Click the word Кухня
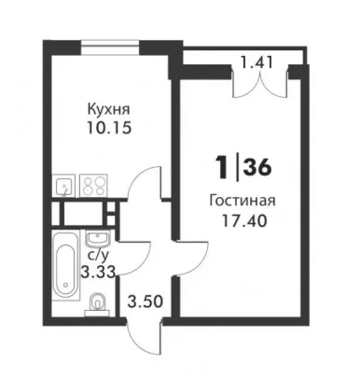click(109, 110)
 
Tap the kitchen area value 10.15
click(109, 128)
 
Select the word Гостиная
click(242, 201)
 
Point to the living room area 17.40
click(244, 221)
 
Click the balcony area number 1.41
click(257, 63)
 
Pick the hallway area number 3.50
click(145, 301)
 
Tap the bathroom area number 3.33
click(98, 272)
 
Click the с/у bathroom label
click(99, 256)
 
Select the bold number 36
click(257, 168)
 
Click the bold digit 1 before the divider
click(222, 168)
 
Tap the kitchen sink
click(63, 186)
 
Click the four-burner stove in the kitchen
click(93, 186)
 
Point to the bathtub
click(65, 265)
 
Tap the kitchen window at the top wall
click(110, 48)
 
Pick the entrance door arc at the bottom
click(144, 339)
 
